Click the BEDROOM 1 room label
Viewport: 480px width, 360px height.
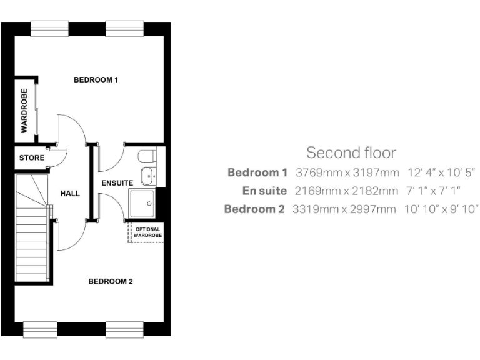pos(96,80)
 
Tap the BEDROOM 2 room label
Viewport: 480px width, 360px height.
pos(111,282)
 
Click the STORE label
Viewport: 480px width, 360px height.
pos(32,158)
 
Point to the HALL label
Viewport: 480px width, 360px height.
pos(70,194)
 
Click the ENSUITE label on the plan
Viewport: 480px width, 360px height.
pos(117,183)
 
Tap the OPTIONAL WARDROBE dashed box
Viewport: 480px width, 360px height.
pos(147,232)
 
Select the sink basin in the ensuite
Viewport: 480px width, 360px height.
pos(148,176)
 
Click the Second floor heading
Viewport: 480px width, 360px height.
pos(351,152)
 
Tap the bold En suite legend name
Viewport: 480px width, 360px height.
pos(264,191)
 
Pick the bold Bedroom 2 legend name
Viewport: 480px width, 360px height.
pos(255,209)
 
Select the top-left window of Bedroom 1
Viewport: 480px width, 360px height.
pos(49,27)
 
